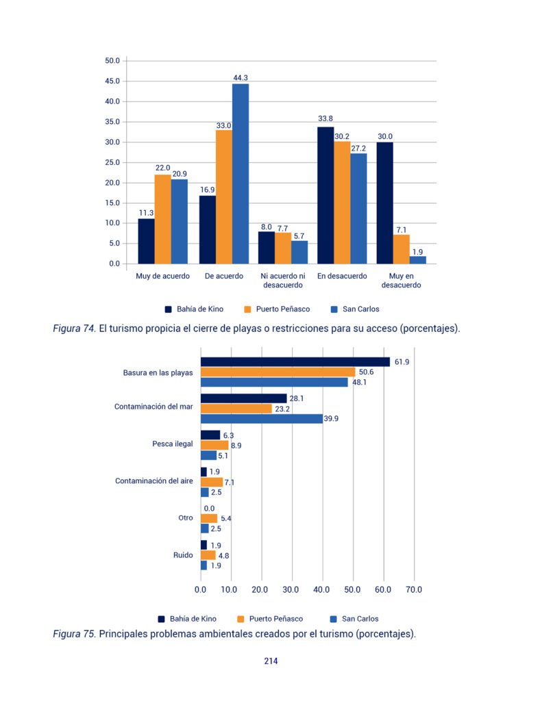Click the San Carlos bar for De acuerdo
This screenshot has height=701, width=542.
[x=241, y=174]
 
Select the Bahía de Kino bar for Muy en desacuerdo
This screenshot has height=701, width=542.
[x=385, y=203]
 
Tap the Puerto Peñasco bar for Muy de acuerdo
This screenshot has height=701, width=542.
[x=163, y=219]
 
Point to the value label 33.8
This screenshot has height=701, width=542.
[x=325, y=118]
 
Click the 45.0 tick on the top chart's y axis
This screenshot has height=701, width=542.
[x=112, y=81]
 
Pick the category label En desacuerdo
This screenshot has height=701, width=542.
[x=342, y=276]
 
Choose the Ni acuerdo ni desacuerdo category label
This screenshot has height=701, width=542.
[x=283, y=280]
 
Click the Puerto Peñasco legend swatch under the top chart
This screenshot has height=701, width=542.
[x=247, y=309]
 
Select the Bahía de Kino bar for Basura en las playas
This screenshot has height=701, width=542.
[x=295, y=362]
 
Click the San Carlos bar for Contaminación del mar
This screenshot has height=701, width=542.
[x=262, y=419]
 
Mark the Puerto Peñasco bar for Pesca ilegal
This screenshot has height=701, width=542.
[x=214, y=445]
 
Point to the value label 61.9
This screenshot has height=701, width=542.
[x=402, y=361]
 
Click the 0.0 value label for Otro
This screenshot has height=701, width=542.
[x=209, y=509]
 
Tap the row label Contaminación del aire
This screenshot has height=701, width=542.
[x=154, y=481]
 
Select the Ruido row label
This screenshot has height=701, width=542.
[x=183, y=555]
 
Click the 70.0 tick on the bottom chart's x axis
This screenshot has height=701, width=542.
[x=414, y=589]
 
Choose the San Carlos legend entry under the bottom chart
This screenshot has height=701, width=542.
[x=354, y=619]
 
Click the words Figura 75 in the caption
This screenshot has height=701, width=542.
[x=74, y=634]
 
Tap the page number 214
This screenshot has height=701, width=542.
[x=271, y=661]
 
